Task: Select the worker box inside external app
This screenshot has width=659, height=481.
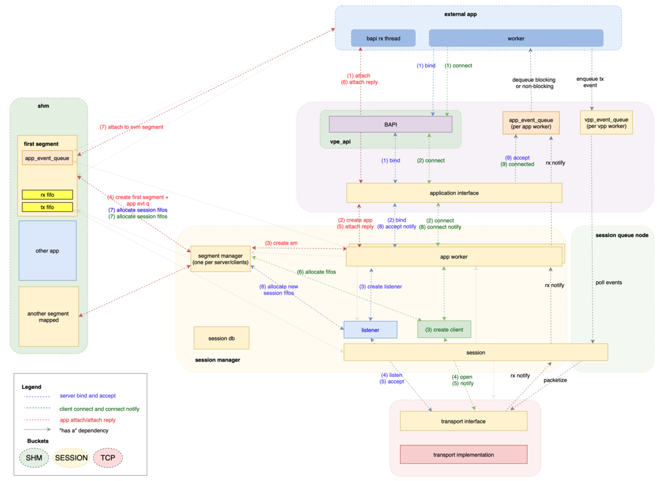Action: (516, 38)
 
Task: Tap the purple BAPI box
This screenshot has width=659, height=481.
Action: (390, 124)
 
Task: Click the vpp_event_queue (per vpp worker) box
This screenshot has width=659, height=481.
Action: (606, 122)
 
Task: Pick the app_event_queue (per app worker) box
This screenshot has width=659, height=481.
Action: (530, 122)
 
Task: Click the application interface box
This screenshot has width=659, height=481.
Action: (454, 193)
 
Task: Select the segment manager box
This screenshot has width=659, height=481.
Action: (220, 259)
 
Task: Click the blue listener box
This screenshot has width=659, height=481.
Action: (370, 330)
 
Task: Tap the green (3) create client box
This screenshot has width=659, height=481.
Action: (444, 329)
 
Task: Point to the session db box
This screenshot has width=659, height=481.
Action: (221, 338)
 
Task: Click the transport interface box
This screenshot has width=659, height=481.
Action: (463, 421)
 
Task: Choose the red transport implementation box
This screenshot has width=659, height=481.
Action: (463, 455)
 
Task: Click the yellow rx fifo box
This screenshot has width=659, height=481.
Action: (47, 194)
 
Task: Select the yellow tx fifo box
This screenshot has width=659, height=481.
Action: (47, 207)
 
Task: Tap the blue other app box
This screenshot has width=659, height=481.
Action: (47, 251)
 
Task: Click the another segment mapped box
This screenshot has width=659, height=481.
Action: (49, 317)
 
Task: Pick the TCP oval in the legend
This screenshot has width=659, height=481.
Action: (108, 458)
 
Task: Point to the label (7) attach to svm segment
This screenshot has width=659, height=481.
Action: (131, 127)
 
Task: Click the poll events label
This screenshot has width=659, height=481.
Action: (609, 282)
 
